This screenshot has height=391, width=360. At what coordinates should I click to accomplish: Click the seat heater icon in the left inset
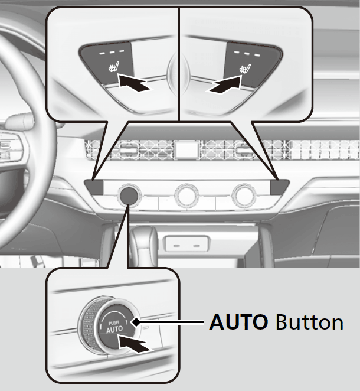[x=114, y=67]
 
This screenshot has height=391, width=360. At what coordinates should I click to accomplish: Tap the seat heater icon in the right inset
[x=245, y=68]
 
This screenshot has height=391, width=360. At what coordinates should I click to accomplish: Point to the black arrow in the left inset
[x=134, y=83]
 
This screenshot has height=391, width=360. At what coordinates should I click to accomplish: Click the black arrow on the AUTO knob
[x=135, y=344]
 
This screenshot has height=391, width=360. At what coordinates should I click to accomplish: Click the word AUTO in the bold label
[x=238, y=322]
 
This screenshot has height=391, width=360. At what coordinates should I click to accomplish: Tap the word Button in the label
[x=310, y=322]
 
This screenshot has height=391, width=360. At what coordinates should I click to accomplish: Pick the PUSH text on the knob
[x=113, y=323]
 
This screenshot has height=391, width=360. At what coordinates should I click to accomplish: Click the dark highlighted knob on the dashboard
[x=129, y=194]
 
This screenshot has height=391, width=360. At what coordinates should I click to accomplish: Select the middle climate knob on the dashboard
[x=187, y=195]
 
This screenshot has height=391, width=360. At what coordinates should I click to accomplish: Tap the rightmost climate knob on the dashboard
[x=244, y=195]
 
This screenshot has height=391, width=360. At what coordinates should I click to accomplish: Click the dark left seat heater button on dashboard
[x=94, y=187]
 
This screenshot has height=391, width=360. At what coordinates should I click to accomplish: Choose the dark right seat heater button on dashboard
[x=280, y=187]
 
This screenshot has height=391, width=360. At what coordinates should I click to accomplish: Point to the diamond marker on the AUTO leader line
[x=136, y=322]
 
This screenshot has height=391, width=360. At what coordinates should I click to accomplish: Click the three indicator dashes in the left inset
[x=112, y=53]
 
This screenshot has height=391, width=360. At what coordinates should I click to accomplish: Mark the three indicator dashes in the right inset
[x=247, y=53]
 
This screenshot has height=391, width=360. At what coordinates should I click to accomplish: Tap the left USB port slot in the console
[x=176, y=246]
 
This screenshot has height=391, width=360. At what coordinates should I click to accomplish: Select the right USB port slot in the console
[x=197, y=246]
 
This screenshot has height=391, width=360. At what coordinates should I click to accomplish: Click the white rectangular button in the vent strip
[x=187, y=149]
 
